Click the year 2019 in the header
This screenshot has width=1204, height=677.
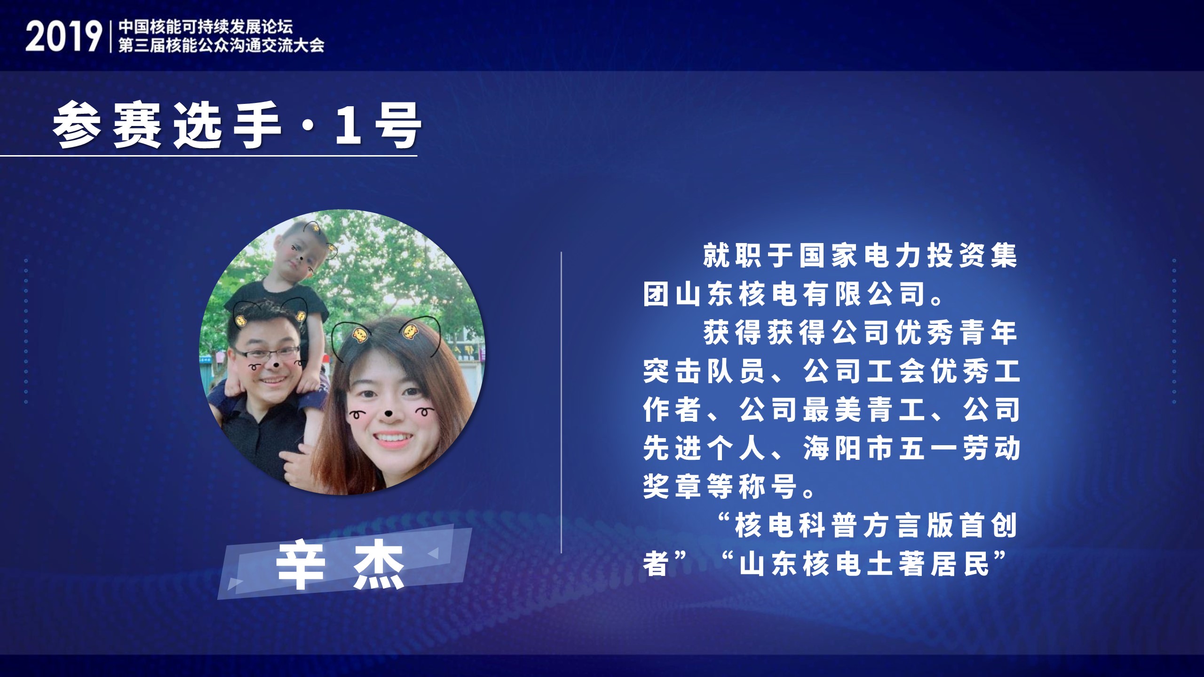pyautogui.click(x=63, y=37)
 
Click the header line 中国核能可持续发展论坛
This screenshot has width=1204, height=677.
pyautogui.click(x=206, y=26)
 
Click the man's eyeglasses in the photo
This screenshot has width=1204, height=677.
pyautogui.click(x=266, y=355)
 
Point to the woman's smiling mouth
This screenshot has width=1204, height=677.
pyautogui.click(x=392, y=439)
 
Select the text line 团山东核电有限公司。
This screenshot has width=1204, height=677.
pyautogui.click(x=794, y=294)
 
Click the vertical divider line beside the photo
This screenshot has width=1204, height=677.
pyautogui.click(x=562, y=402)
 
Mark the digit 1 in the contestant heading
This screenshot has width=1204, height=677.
pyautogui.click(x=349, y=126)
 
